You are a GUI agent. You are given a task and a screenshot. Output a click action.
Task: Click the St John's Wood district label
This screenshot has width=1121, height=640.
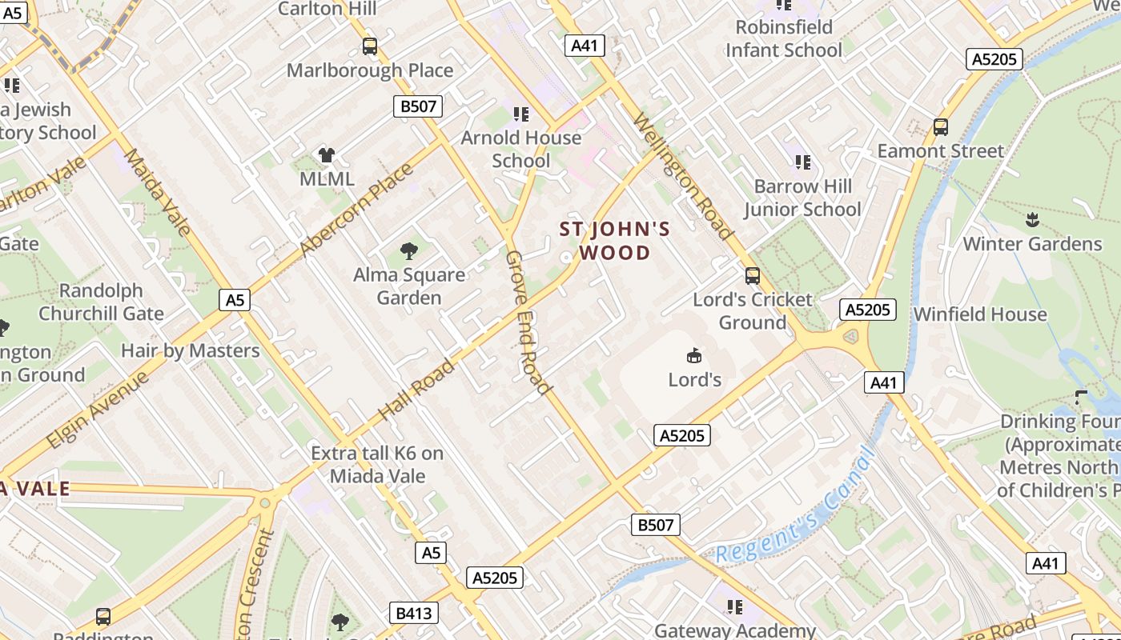[x=615, y=242]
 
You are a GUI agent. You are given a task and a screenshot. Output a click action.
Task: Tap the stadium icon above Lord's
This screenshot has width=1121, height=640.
[x=694, y=355]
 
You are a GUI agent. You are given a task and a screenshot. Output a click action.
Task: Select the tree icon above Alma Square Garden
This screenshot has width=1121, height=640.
[x=409, y=251]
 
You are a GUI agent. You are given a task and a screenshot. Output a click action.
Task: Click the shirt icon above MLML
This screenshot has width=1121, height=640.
[x=327, y=155]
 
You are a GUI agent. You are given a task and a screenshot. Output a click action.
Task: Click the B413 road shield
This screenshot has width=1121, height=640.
[x=414, y=614]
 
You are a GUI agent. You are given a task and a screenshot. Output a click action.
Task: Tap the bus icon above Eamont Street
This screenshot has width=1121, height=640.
[x=941, y=126]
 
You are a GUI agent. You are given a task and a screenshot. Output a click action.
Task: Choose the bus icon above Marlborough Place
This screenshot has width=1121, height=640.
[x=369, y=46]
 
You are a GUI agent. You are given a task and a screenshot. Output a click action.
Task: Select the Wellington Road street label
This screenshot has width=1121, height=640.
[x=683, y=177]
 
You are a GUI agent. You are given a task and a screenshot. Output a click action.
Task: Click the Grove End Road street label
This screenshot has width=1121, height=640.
[x=528, y=322]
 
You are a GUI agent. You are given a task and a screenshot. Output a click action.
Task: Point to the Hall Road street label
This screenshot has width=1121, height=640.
[x=416, y=390]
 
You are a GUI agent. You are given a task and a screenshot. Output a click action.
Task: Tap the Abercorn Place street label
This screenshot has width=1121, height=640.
[x=356, y=211]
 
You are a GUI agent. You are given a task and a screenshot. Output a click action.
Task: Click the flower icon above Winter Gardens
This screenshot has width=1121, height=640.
[x=1032, y=219]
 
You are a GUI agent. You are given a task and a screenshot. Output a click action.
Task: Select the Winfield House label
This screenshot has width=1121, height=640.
[x=980, y=314]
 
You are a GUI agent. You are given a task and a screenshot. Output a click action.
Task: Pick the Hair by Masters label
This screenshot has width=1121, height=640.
[x=191, y=350]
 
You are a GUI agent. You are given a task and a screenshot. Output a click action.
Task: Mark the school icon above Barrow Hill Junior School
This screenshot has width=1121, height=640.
[x=803, y=162]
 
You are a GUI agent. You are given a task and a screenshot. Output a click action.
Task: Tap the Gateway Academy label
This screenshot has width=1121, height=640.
[x=735, y=630]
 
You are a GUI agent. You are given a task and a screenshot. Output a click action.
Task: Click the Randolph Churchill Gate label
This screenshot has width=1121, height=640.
[x=102, y=302]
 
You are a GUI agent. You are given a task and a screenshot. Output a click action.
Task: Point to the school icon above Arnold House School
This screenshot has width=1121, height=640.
[x=521, y=114]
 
